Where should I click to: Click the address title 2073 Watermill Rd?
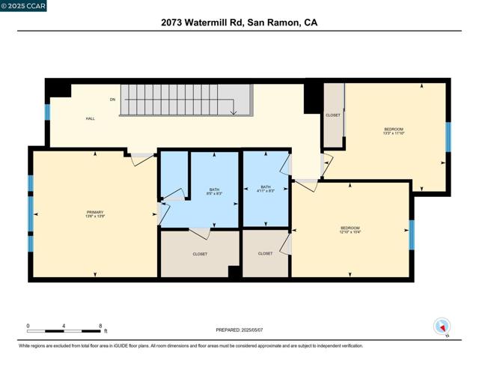[239, 22]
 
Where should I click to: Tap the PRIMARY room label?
[95, 213]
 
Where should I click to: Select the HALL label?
[90, 118]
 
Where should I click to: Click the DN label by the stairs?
[112, 99]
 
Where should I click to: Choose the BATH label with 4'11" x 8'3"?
[265, 187]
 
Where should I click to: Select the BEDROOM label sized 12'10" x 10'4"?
[350, 228]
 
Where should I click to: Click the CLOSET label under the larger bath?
[200, 254]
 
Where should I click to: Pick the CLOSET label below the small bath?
[265, 254]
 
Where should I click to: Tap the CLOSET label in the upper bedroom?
[333, 115]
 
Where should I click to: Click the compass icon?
[442, 327]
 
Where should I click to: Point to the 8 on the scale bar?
[100, 326]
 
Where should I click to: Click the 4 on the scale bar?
[64, 326]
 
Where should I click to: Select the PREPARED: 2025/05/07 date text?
[239, 330]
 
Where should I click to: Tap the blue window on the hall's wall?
[47, 112]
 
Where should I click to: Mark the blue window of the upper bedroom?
[448, 136]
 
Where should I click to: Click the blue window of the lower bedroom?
[412, 234]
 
